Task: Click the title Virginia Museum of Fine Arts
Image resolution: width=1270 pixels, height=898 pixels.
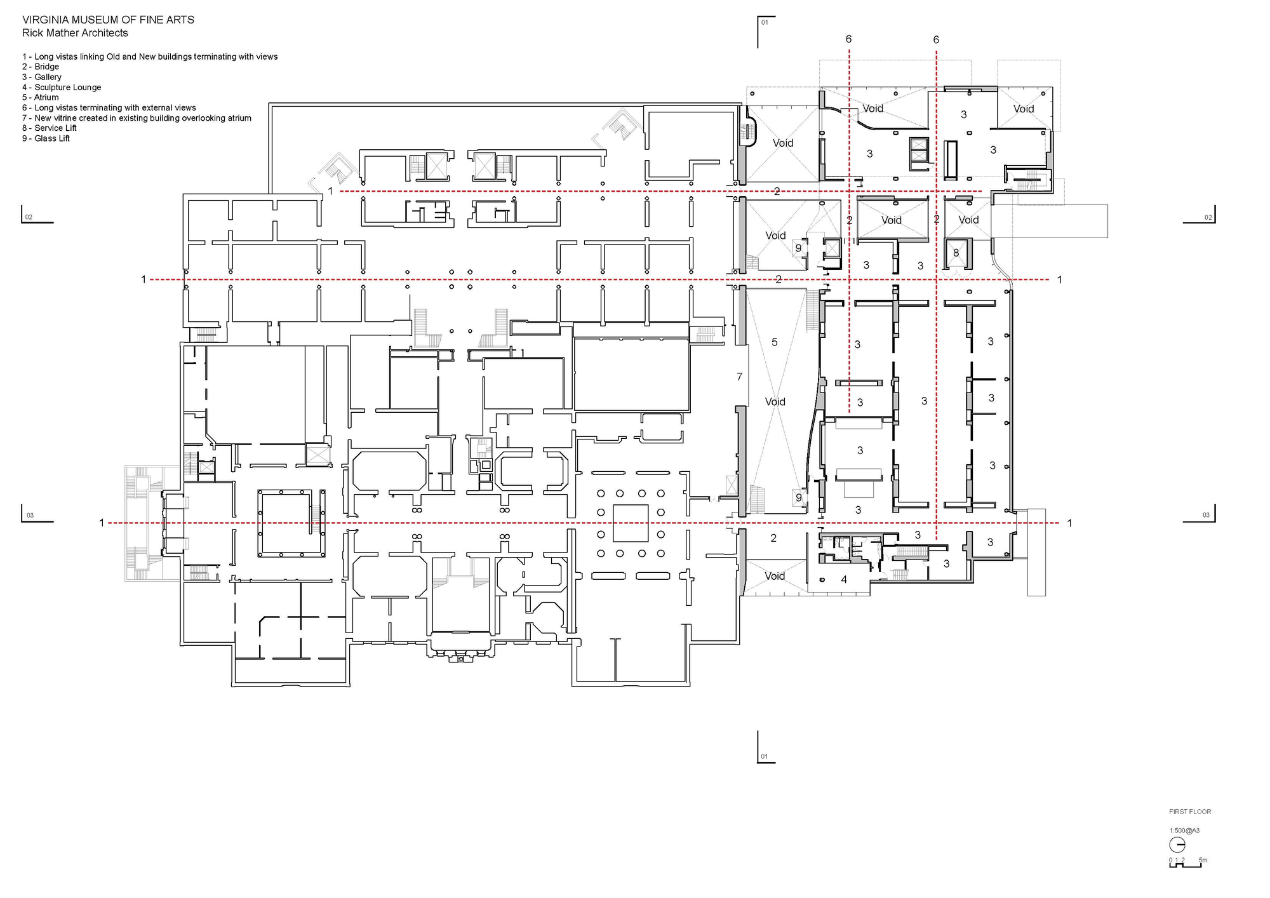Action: click(108, 20)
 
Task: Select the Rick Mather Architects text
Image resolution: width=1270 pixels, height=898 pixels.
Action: click(75, 33)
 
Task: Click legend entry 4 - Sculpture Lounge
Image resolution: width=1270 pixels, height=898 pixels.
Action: click(62, 87)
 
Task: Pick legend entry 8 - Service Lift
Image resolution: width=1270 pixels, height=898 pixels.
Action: click(50, 128)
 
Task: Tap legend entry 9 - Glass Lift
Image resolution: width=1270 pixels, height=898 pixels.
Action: click(46, 138)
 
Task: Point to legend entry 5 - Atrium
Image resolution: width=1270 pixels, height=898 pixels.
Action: click(41, 97)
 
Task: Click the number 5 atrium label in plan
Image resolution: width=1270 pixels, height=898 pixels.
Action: click(774, 342)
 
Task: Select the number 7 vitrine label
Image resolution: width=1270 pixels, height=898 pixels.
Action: click(739, 377)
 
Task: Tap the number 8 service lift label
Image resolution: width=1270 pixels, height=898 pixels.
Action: click(956, 253)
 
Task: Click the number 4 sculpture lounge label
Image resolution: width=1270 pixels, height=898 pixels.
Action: click(844, 579)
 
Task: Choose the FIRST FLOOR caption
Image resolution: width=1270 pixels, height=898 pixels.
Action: click(1190, 812)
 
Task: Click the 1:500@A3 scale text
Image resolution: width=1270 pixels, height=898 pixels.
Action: click(1184, 830)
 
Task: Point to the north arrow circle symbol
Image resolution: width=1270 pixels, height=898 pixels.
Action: click(1177, 845)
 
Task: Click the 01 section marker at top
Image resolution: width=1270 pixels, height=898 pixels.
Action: click(765, 23)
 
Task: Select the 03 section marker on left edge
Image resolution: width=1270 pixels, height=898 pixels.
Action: click(30, 515)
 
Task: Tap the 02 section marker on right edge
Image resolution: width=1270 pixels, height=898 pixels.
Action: click(1208, 217)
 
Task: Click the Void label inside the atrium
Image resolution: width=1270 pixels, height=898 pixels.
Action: click(775, 401)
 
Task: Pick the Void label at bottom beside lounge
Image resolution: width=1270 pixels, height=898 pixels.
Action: click(774, 576)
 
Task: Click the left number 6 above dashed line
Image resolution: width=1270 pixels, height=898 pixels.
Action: click(848, 39)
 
